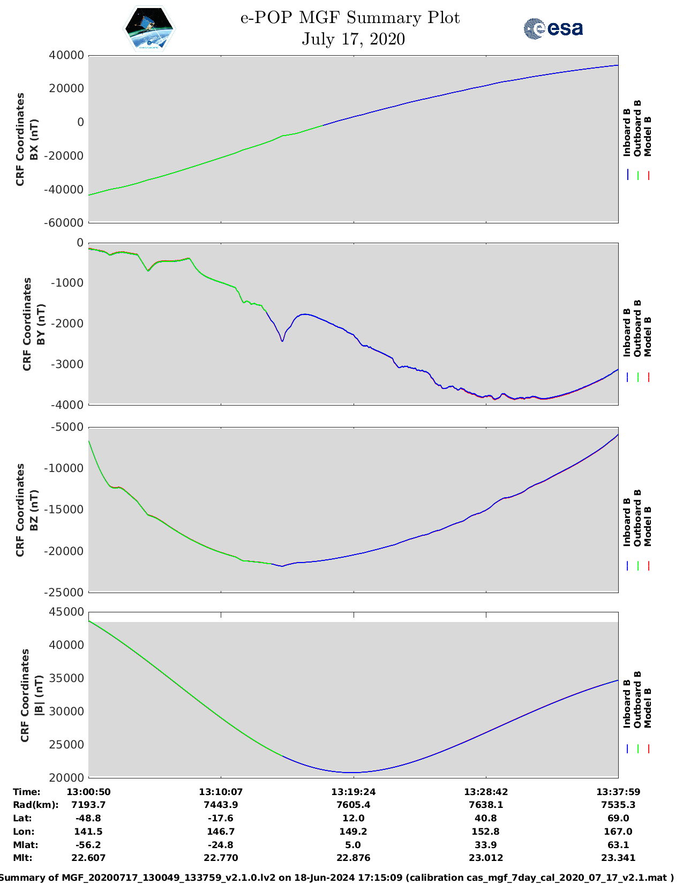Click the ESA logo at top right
click(x=553, y=28)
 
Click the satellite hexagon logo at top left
click(x=149, y=29)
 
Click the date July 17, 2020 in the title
click(x=353, y=39)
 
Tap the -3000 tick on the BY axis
click(x=67, y=364)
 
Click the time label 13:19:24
click(x=353, y=792)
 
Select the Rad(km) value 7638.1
click(x=486, y=805)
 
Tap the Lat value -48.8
click(x=88, y=818)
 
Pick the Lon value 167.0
click(x=618, y=831)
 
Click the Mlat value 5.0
click(x=353, y=845)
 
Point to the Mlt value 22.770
click(x=221, y=858)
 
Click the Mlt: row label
click(x=22, y=858)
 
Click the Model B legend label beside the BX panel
click(x=648, y=136)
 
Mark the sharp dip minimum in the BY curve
click(x=282, y=341)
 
